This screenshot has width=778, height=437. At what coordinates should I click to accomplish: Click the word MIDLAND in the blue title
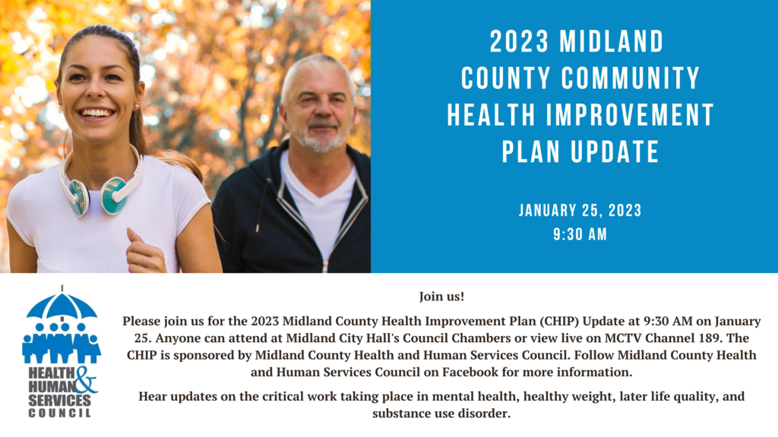(612, 41)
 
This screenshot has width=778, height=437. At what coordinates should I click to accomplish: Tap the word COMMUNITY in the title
(630, 78)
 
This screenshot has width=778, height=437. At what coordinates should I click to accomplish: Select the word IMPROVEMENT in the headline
(630, 115)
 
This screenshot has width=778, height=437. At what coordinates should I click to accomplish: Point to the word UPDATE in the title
(615, 152)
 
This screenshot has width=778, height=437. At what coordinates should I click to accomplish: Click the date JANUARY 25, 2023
(580, 211)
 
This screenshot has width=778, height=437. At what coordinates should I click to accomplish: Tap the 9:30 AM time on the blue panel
(580, 234)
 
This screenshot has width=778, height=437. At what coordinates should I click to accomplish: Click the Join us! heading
(441, 297)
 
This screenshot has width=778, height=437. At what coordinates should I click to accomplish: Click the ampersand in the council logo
(85, 380)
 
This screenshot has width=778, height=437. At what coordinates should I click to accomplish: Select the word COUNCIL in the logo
(59, 413)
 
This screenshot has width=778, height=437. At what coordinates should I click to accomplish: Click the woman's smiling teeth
(96, 114)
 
